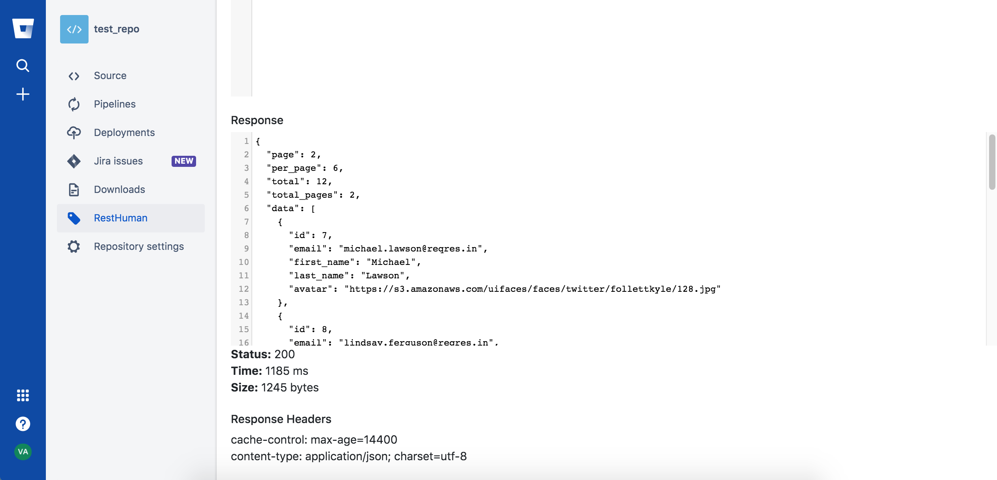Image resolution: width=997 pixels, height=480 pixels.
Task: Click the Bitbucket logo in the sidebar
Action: click(23, 28)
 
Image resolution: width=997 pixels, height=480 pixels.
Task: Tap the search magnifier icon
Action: click(23, 65)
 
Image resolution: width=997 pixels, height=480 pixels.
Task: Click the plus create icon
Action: click(23, 94)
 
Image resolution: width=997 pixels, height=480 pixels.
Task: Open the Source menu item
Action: click(110, 76)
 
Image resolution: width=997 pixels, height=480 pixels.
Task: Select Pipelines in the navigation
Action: click(115, 104)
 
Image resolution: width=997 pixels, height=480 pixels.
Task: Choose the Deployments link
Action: click(124, 132)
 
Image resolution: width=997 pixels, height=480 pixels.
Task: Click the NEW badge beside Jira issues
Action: click(184, 161)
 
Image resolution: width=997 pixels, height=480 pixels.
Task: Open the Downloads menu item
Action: click(119, 189)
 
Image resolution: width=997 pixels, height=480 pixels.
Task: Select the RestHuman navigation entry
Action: click(121, 218)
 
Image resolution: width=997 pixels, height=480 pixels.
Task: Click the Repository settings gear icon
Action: click(74, 246)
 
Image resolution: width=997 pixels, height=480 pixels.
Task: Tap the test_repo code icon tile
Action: click(74, 29)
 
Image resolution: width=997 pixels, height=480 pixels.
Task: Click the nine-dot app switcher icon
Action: click(23, 395)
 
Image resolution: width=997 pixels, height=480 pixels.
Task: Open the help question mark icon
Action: click(23, 424)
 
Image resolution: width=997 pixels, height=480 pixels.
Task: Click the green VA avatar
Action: click(23, 452)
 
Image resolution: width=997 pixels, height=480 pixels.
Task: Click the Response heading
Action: click(257, 120)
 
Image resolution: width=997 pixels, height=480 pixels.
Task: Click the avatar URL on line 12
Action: click(532, 289)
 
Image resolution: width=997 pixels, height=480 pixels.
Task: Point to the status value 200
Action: click(285, 354)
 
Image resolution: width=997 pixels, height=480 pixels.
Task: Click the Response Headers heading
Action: click(281, 419)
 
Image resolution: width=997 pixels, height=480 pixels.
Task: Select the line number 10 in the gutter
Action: click(244, 262)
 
